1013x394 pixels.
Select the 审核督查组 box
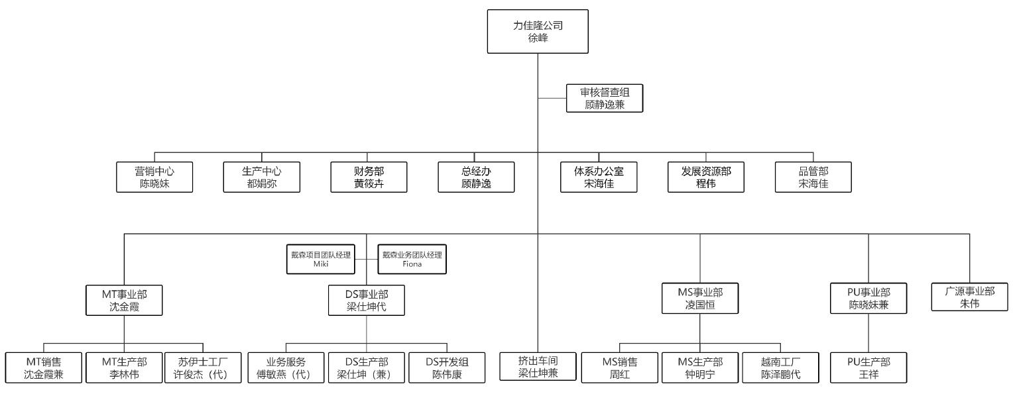[x=605, y=98]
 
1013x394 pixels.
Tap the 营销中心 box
[x=154, y=177]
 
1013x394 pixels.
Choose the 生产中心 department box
[x=262, y=177]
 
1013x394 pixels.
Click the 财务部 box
[x=369, y=177]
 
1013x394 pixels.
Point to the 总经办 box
[x=476, y=177]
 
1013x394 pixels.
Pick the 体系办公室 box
[x=599, y=177]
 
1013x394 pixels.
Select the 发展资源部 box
[x=706, y=177]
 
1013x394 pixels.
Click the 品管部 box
[x=813, y=177]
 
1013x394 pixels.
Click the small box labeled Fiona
[x=412, y=260]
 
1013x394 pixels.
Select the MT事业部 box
[x=124, y=300]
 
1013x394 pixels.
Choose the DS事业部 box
[x=366, y=300]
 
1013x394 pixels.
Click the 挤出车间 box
[x=538, y=367]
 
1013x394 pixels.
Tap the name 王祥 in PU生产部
[x=868, y=373]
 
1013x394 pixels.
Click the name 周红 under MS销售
[x=620, y=373]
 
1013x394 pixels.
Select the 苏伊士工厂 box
[x=202, y=367]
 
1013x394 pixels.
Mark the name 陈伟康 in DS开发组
[x=446, y=373]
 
